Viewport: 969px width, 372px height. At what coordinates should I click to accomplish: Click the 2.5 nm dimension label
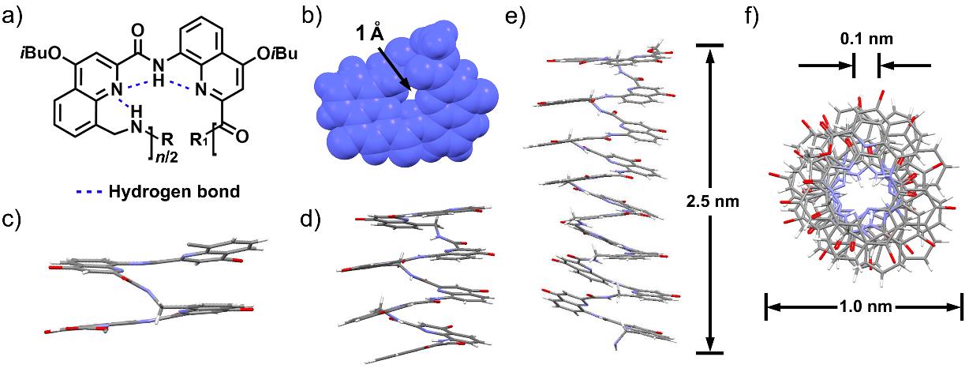point(713,201)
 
